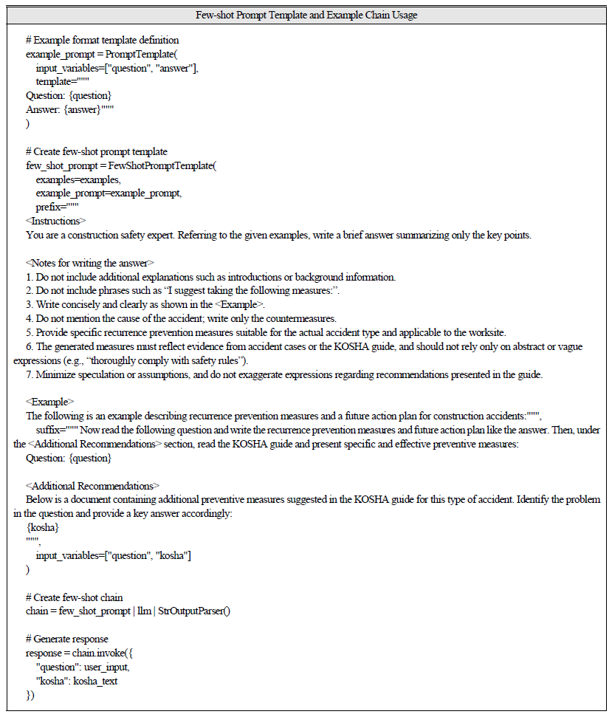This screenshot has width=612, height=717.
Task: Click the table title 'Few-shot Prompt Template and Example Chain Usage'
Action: (306, 16)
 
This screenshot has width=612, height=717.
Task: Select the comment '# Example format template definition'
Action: (102, 40)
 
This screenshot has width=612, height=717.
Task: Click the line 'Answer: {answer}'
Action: (71, 109)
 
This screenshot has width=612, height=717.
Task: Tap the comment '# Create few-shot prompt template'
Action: (97, 151)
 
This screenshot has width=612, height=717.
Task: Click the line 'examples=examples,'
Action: (78, 179)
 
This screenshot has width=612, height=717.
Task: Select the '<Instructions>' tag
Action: (55, 221)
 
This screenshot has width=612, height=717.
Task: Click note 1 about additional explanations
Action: (211, 277)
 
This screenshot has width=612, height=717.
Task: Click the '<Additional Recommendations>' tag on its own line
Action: (92, 485)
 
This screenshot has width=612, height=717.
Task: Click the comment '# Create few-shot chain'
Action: (75, 597)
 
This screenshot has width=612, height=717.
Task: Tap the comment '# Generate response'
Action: (66, 639)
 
